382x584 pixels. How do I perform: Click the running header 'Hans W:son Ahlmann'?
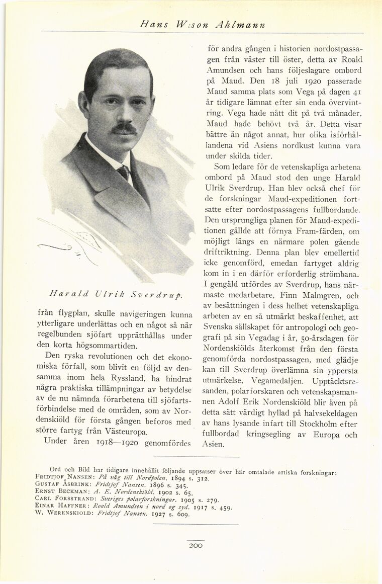click(203, 25)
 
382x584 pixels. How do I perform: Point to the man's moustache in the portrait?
click(124, 129)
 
